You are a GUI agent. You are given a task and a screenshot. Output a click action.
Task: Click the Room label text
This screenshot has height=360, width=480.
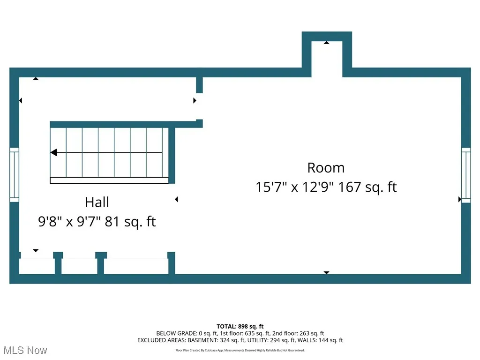click(x=325, y=168)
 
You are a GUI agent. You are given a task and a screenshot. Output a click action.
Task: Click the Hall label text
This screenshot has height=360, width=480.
click(x=97, y=202)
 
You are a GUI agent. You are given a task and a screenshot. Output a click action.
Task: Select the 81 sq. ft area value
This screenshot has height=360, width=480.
click(x=130, y=221)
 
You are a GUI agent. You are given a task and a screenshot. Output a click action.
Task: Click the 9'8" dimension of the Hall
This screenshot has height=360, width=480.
click(x=49, y=221)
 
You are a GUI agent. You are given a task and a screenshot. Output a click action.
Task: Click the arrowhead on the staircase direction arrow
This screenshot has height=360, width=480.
click(x=53, y=152)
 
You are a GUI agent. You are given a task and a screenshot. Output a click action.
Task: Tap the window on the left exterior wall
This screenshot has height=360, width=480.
click(x=14, y=175)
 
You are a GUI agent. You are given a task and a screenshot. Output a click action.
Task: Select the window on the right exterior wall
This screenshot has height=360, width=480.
click(x=465, y=175)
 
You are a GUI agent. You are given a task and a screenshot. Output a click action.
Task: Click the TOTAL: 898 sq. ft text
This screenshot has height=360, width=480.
click(x=240, y=326)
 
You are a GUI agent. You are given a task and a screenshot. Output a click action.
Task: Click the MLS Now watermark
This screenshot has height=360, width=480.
click(x=25, y=350)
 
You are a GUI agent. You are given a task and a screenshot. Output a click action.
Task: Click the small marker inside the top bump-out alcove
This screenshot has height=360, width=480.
click(x=326, y=43)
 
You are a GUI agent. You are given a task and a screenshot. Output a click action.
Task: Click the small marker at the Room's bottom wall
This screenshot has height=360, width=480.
click(x=326, y=272)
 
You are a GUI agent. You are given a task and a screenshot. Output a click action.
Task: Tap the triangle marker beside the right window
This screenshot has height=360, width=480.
click(x=459, y=199)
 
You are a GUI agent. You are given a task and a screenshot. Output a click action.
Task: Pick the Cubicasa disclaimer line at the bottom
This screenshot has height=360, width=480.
click(x=240, y=350)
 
